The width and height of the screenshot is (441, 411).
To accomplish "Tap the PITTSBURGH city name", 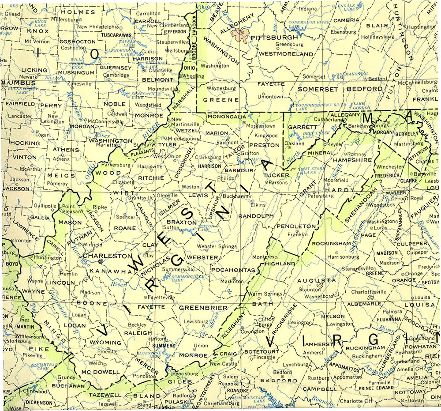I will pyautogui.click(x=274, y=38).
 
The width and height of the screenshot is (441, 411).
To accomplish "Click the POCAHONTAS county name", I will pyautogui.click(x=233, y=270).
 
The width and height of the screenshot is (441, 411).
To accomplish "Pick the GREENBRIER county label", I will pyautogui.click(x=203, y=308).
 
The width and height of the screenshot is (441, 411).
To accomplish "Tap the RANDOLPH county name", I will pyautogui.click(x=256, y=216).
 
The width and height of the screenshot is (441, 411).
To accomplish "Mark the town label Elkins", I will pyautogui.click(x=258, y=205).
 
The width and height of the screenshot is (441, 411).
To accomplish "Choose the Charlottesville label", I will pyautogui.click(x=369, y=292).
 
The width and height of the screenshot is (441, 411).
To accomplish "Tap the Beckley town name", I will pyautogui.click(x=137, y=324).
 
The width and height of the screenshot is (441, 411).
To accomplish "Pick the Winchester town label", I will pyautogui.click(x=389, y=167).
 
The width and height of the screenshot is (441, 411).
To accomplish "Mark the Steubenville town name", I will pyautogui.click(x=172, y=42).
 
